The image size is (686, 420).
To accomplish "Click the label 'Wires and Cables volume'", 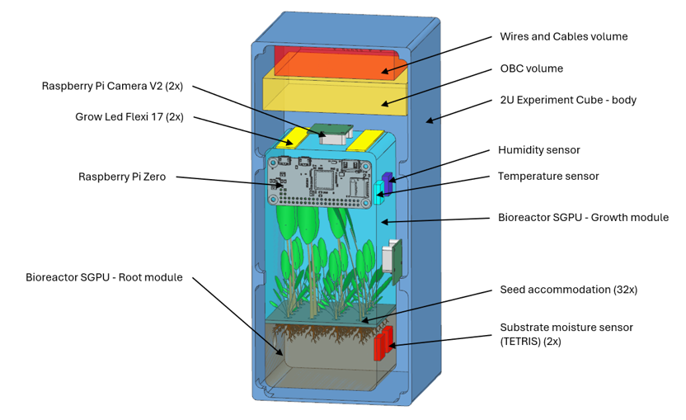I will (563, 37).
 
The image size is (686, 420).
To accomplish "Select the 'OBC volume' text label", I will (531, 68).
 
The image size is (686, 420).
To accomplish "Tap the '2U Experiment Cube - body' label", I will (568, 100).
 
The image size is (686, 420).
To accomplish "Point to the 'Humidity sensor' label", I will (538, 150).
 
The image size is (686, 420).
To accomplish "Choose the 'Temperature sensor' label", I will (547, 176).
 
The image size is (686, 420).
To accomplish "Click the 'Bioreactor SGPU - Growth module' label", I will (583, 218).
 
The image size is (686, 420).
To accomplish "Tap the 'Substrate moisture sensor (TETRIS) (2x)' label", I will (566, 334).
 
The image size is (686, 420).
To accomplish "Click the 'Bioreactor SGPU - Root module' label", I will (104, 277).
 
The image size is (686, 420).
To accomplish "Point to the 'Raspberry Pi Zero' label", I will (121, 177).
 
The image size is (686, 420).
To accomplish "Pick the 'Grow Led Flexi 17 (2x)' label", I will (129, 117).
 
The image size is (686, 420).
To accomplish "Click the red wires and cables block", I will (338, 62).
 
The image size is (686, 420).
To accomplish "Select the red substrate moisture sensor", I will (383, 343).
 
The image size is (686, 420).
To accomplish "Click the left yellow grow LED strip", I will (294, 137).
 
